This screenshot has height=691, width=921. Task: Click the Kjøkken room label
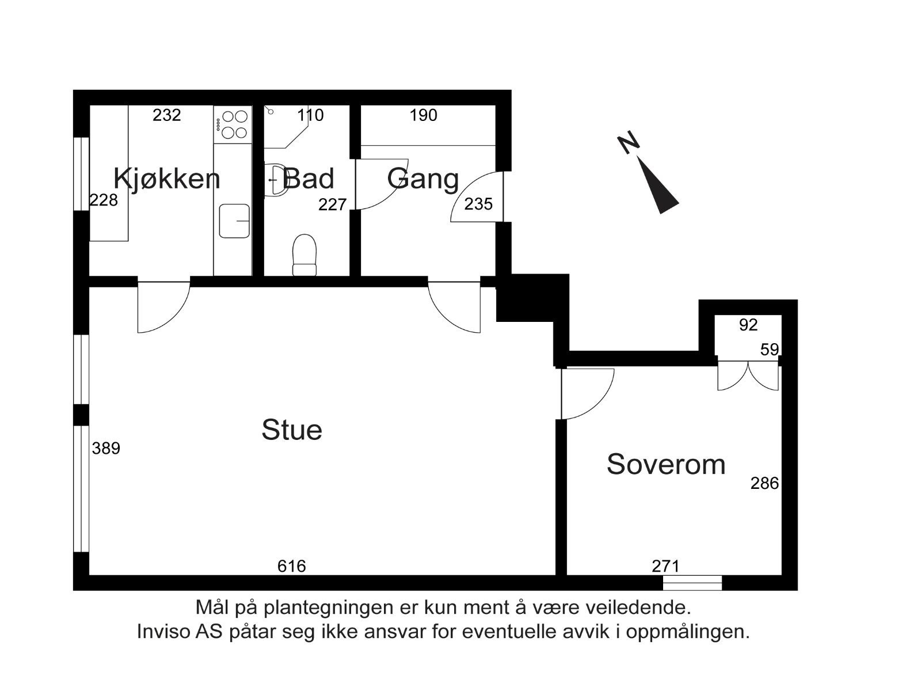tap(166, 179)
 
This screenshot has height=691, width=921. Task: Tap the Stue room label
tap(291, 430)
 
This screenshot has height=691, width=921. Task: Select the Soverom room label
tap(665, 464)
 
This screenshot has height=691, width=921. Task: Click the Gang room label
tap(423, 179)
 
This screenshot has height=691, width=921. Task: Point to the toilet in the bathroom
tap(305, 255)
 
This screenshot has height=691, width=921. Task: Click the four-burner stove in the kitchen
tap(233, 124)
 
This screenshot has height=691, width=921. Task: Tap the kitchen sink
tap(234, 221)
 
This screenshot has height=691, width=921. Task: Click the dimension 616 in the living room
tap(291, 567)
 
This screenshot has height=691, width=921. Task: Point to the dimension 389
tap(106, 448)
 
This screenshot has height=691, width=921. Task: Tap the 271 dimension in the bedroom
tap(665, 567)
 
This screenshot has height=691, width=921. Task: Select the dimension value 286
tap(764, 483)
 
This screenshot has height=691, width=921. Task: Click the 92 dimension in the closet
tap(748, 325)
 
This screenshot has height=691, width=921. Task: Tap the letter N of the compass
tap(629, 142)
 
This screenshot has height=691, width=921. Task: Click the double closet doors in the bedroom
tap(748, 375)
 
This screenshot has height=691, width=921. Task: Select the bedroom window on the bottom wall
tap(692, 583)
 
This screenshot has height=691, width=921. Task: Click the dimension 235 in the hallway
tap(478, 204)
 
